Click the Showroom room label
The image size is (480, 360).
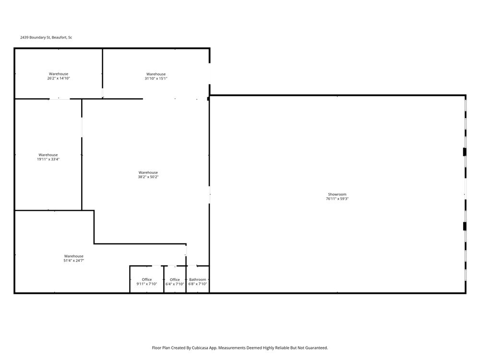tap(337, 194)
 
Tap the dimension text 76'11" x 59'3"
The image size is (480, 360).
tap(337, 199)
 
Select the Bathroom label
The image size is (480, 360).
tap(197, 279)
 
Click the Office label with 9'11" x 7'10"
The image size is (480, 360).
tap(146, 279)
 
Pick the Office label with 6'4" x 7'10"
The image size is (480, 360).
tap(175, 279)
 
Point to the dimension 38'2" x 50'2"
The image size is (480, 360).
tap(148, 177)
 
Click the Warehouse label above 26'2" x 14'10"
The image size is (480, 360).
tap(59, 74)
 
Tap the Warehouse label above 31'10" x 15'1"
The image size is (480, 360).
tap(156, 74)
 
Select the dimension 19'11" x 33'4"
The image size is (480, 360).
tap(48, 159)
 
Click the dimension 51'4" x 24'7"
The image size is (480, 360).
tap(74, 261)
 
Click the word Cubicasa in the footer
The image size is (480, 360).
tap(200, 348)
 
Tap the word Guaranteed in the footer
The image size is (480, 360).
tap(318, 348)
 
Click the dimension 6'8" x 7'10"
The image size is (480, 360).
tap(197, 284)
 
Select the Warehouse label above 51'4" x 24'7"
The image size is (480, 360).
tap(74, 256)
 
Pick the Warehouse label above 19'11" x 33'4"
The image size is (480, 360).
tap(48, 155)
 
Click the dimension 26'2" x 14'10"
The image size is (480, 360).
tap(59, 78)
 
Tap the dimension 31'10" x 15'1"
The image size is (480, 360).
tap(156, 78)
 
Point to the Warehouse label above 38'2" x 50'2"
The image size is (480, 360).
tap(148, 173)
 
